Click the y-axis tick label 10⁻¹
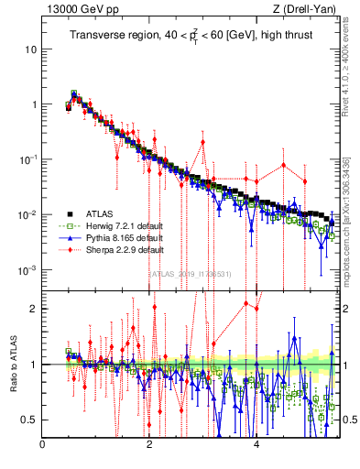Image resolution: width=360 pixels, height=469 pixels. pyautogui.click(x=27, y=158)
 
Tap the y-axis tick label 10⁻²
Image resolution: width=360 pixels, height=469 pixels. pyautogui.click(x=27, y=214)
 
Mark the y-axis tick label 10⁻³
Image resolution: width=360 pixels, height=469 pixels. pyautogui.click(x=27, y=270)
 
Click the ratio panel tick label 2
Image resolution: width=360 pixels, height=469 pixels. pyautogui.click(x=34, y=309)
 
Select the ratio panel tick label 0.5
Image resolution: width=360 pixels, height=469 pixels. pyautogui.click(x=30, y=420)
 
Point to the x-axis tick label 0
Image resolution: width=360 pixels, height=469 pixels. pyautogui.click(x=42, y=446)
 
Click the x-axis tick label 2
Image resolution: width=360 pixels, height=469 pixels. pyautogui.click(x=149, y=446)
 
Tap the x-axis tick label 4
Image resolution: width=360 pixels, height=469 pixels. pyautogui.click(x=256, y=446)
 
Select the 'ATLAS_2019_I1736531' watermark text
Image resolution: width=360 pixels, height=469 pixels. pyautogui.click(x=190, y=273)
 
